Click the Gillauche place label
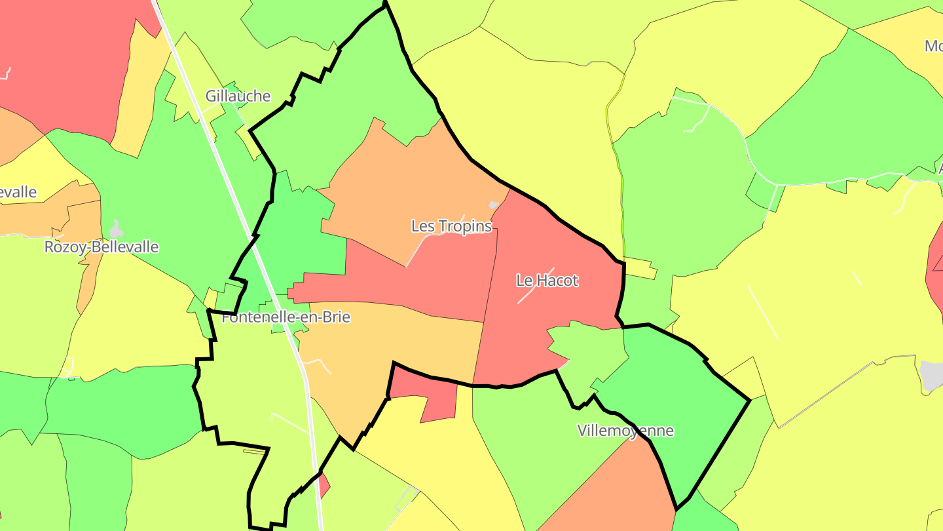click(x=238, y=96)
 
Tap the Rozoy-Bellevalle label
click(x=102, y=247)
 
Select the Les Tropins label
click(x=451, y=226)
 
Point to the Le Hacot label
click(x=547, y=281)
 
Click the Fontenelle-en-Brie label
click(x=286, y=318)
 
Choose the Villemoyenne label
click(x=625, y=431)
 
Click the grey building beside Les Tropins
click(x=494, y=205)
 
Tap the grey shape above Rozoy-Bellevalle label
click(x=116, y=229)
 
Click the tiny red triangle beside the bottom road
click(x=324, y=486)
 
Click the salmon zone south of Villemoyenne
click(x=616, y=492)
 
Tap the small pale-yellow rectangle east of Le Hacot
click(x=640, y=269)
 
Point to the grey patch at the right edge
click(x=932, y=375)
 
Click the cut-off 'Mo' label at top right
click(x=933, y=46)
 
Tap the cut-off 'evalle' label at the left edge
click(x=18, y=193)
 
